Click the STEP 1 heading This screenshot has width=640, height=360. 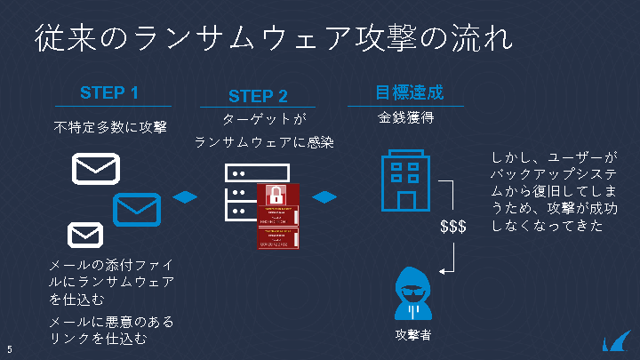point(109,92)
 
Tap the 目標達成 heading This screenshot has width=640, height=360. point(409,92)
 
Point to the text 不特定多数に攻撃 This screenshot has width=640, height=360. point(110,126)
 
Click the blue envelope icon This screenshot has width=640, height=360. point(136,210)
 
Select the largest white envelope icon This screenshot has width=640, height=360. point(96,168)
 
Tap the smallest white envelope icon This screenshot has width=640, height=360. point(85,235)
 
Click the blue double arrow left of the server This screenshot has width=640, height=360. point(184,196)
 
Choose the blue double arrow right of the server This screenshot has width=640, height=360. point(324,196)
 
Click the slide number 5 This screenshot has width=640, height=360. point(9,348)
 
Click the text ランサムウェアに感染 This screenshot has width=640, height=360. point(265,141)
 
